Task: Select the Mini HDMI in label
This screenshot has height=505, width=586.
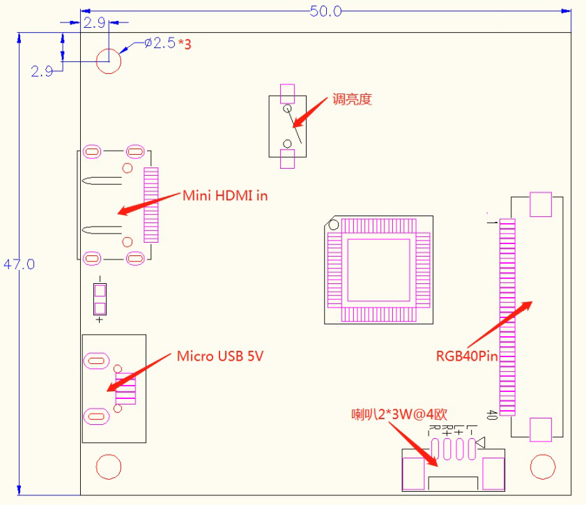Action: click(225, 195)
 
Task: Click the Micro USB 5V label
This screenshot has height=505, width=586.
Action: click(220, 356)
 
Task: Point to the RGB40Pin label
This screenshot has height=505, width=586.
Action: click(468, 356)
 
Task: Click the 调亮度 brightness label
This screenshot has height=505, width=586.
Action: click(352, 99)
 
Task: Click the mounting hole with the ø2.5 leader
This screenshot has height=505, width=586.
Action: click(108, 60)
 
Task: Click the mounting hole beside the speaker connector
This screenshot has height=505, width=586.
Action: click(542, 466)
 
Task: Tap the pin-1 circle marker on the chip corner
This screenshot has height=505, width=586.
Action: click(334, 225)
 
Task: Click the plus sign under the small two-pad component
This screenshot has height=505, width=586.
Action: click(100, 320)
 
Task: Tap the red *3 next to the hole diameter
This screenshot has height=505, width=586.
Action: click(185, 44)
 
